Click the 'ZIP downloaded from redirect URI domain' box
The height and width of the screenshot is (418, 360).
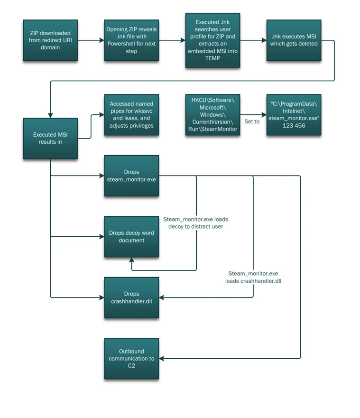(x=50, y=40)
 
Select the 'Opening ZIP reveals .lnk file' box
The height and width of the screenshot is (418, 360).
(x=131, y=40)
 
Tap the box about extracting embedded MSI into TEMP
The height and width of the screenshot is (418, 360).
(x=212, y=40)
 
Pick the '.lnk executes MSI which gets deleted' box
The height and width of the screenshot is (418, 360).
(x=294, y=40)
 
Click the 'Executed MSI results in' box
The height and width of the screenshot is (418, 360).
(x=50, y=138)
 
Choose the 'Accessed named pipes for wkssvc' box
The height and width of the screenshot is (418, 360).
(x=131, y=115)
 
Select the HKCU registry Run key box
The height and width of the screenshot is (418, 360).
(x=212, y=115)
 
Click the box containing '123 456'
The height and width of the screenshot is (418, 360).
(x=294, y=115)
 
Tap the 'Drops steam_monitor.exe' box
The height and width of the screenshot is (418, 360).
(x=131, y=176)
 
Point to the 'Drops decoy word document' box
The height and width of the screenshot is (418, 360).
(x=131, y=236)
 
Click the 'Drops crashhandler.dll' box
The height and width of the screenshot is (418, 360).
(x=131, y=297)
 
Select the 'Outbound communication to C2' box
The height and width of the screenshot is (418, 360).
(x=131, y=358)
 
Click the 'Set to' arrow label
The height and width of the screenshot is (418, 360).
(x=252, y=121)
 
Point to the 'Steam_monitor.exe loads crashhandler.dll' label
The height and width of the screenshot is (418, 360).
(x=253, y=277)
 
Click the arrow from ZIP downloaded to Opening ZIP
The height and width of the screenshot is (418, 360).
(x=91, y=40)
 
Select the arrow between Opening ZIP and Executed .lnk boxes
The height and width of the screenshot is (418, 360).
(x=172, y=40)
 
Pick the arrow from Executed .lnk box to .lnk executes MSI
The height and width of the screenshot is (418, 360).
(x=253, y=40)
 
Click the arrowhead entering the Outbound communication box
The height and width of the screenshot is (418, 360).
(x=162, y=358)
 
